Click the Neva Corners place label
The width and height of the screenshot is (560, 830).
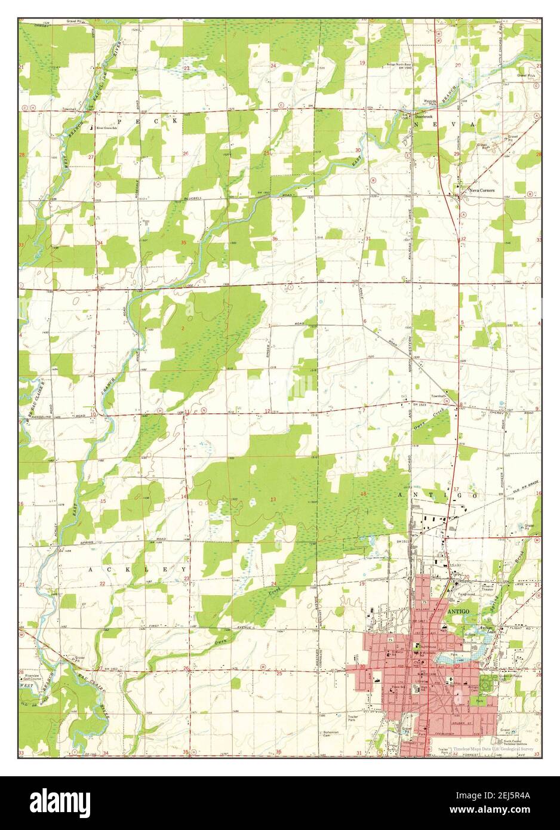coord(482,190)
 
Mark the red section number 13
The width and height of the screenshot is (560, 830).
coord(273,499)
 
